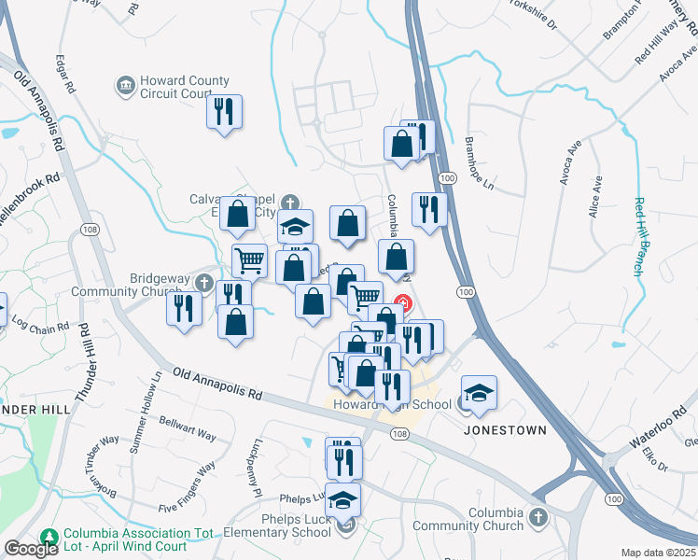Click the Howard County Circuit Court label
(x=184, y=88)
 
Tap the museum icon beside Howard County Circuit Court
(x=125, y=87)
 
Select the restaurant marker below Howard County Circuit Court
(x=225, y=113)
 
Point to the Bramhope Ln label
(x=478, y=165)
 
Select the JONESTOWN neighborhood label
(x=505, y=430)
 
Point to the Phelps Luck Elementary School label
(x=276, y=525)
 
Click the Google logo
(x=31, y=549)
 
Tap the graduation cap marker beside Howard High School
(x=479, y=394)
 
